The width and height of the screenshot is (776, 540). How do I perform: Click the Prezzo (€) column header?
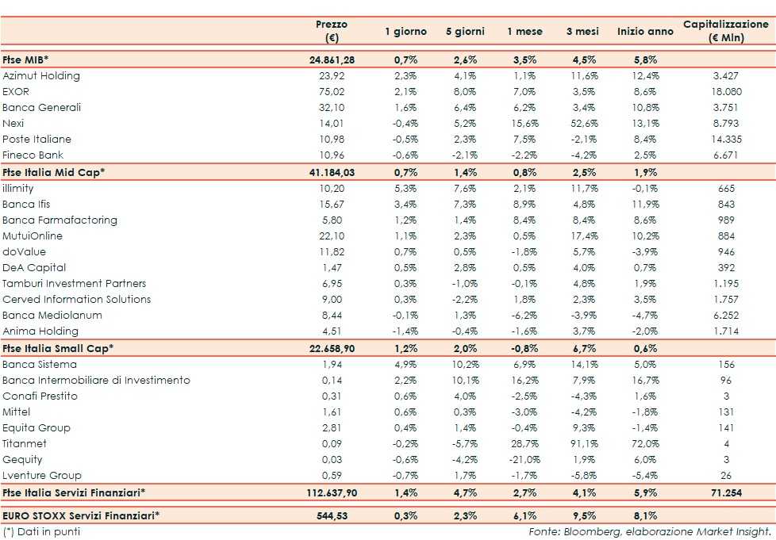point(332,32)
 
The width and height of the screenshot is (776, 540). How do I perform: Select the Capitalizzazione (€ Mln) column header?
point(726,32)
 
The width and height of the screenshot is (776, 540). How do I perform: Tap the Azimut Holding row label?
point(41,76)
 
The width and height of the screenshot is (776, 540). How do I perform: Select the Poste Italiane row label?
point(37,140)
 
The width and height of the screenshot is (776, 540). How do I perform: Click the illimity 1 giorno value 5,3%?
point(405,189)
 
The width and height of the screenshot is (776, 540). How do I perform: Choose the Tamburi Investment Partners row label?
point(75,284)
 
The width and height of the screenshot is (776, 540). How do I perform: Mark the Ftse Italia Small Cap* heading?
point(58,348)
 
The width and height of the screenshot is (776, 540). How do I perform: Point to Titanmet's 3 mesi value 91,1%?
point(584,444)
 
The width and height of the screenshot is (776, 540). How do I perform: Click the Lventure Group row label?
point(42,476)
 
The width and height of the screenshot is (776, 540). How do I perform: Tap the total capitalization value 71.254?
point(726,493)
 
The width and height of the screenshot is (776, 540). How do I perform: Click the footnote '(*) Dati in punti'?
point(41,531)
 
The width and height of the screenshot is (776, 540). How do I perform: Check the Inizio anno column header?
point(640,32)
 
